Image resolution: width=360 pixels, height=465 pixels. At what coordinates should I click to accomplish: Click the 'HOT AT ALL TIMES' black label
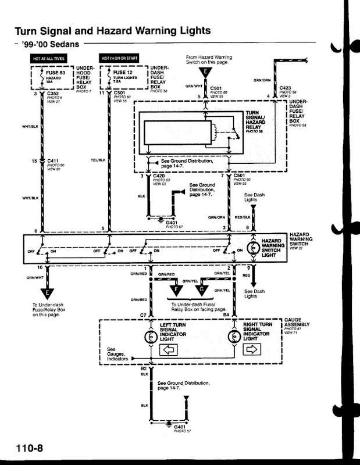(x=49, y=59)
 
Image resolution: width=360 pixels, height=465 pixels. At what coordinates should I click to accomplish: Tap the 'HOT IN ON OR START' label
(x=118, y=59)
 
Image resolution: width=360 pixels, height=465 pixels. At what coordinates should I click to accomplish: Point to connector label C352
(x=54, y=92)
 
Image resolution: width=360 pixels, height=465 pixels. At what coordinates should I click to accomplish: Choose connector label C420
(x=159, y=176)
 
